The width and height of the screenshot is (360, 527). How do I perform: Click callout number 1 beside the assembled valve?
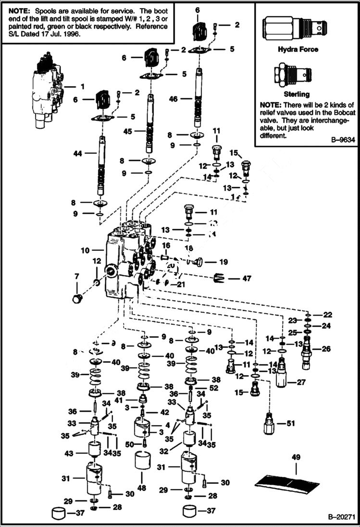click(x=82, y=87)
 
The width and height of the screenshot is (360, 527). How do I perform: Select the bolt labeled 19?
click(x=197, y=262)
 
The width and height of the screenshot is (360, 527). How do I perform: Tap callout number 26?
click(x=327, y=349)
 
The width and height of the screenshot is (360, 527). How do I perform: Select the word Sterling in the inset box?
click(x=297, y=94)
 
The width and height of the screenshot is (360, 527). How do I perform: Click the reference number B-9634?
click(x=341, y=141)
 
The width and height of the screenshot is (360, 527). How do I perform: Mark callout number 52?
click(x=214, y=387)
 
